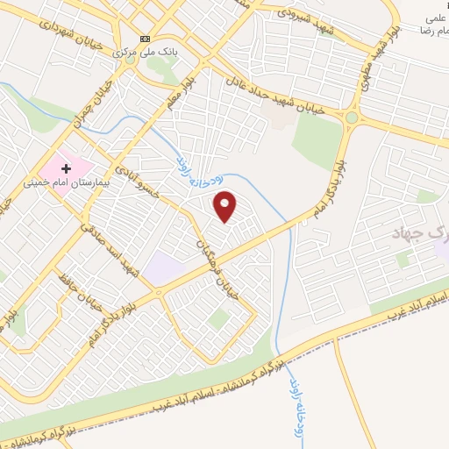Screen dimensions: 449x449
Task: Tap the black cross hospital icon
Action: (x=67, y=167)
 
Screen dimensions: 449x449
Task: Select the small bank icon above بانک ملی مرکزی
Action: (x=145, y=39)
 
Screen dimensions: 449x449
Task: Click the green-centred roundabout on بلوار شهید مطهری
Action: (x=352, y=118)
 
